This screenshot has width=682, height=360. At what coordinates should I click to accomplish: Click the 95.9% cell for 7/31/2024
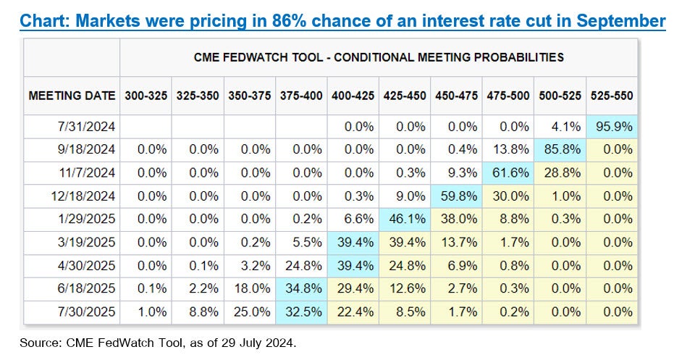612,126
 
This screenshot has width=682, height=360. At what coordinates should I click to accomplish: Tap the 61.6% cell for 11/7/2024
509,172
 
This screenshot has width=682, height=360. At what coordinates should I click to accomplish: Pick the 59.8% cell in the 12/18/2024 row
458,196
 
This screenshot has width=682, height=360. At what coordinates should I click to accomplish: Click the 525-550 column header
612,95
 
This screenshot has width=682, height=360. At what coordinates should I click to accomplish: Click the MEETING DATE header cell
72,95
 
